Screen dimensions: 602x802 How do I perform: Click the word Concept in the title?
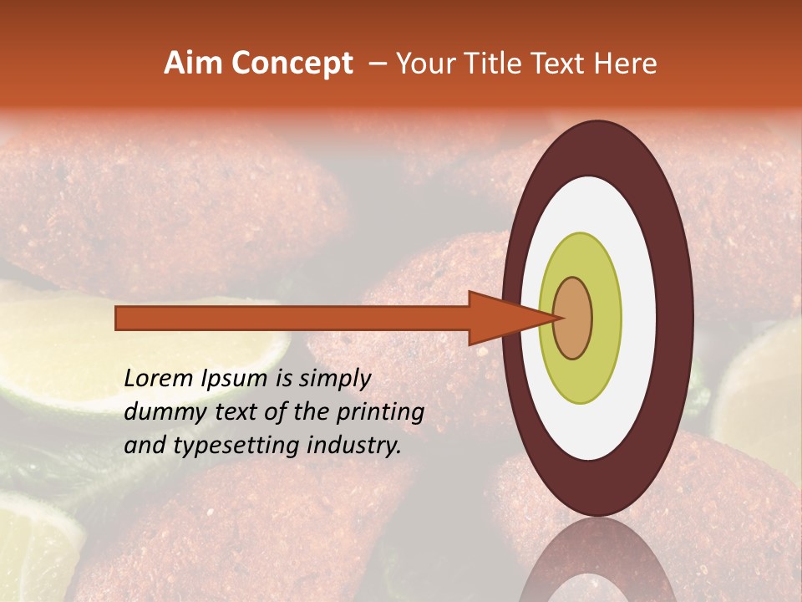click(x=292, y=64)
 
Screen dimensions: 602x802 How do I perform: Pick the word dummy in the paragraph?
click(x=160, y=412)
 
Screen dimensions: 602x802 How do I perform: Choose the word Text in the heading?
click(x=563, y=64)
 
